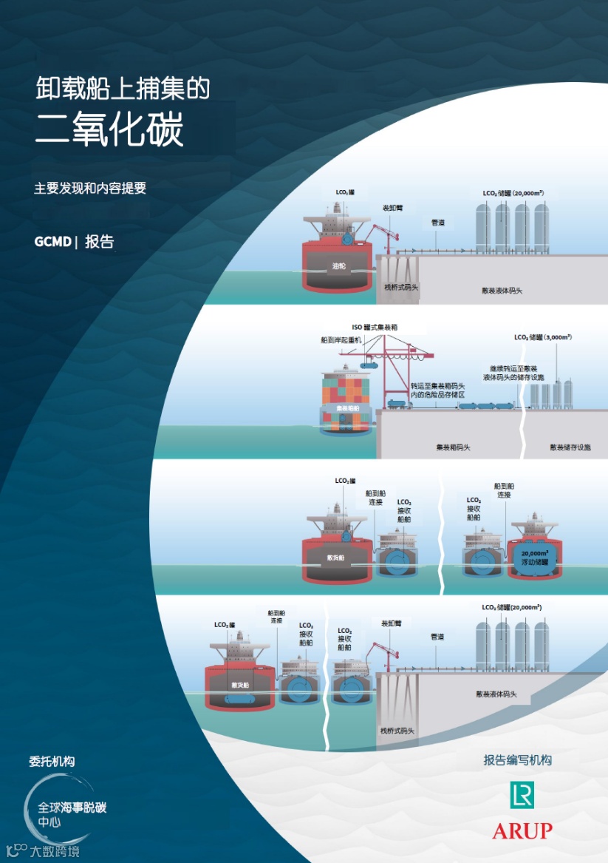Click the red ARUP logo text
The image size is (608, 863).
(522, 830)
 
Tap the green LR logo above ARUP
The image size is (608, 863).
(522, 795)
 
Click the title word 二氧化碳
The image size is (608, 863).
(110, 130)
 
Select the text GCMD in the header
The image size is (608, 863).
(52, 242)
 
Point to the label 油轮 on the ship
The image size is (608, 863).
(339, 265)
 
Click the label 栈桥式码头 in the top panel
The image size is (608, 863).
(401, 287)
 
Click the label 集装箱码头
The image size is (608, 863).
(453, 447)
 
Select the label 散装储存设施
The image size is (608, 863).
(570, 447)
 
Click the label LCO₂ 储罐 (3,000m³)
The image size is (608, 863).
(543, 337)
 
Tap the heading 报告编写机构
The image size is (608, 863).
(517, 760)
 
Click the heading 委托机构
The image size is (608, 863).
(52, 761)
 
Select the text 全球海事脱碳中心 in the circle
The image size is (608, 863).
(72, 813)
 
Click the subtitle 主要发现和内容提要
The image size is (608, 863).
(90, 189)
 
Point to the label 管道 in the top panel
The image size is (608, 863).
(437, 222)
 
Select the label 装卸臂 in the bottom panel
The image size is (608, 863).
(389, 623)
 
